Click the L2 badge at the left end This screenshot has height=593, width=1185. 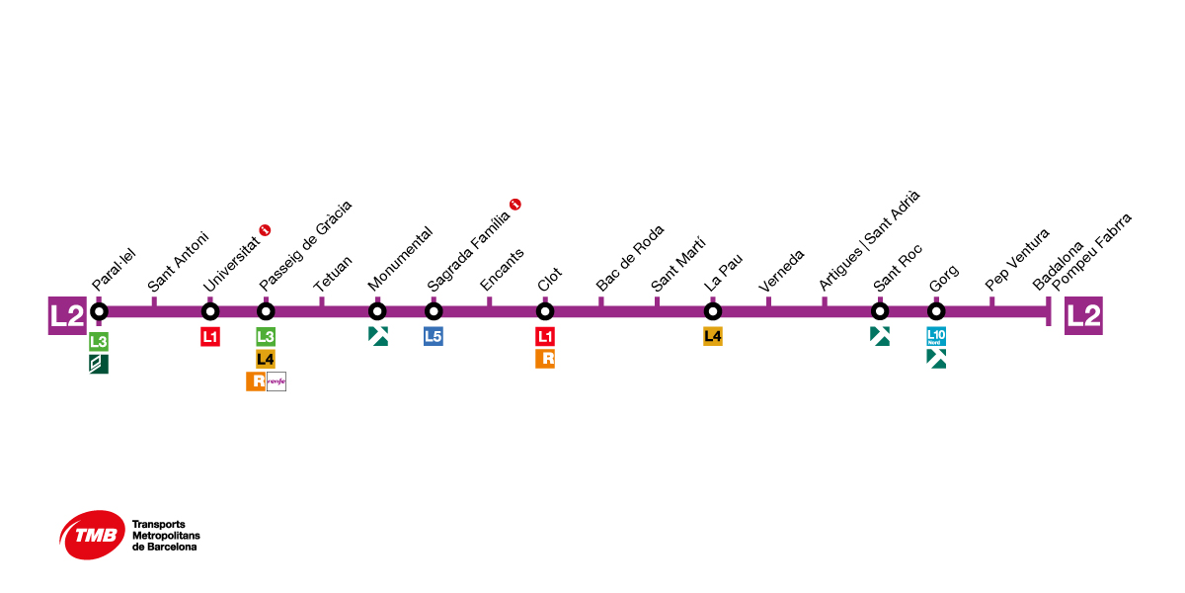67,315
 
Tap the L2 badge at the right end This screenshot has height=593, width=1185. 1083,315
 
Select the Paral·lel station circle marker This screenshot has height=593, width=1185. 99,312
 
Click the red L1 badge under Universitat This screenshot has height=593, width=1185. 209,337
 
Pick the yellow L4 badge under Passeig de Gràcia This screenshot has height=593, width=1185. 265,359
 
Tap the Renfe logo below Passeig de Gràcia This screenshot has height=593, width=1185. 276,381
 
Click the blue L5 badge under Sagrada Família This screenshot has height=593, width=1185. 433,337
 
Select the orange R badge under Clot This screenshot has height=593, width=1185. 545,359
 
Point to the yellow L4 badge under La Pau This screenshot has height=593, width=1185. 713,337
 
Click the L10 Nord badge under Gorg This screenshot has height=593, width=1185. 936,337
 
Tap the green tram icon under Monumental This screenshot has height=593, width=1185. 377,336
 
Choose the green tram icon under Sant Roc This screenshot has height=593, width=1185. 880,336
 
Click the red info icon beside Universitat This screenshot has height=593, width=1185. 265,230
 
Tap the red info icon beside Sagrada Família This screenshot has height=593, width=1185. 514,205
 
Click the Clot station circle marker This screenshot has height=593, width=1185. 545,312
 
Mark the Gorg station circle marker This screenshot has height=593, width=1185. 936,312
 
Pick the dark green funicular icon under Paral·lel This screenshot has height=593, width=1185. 98,364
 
